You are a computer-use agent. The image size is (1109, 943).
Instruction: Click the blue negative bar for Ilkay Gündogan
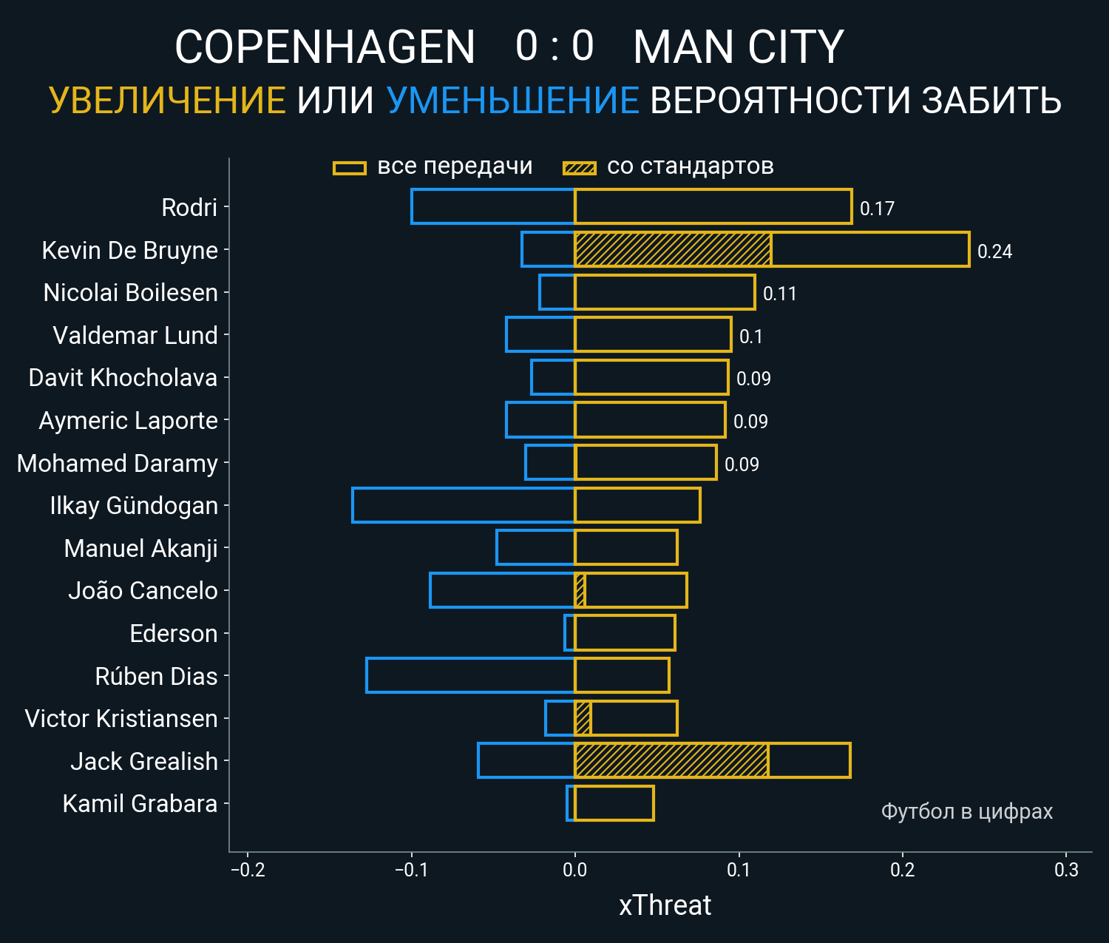[x=464, y=505]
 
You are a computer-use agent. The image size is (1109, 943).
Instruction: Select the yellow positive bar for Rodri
[x=713, y=206]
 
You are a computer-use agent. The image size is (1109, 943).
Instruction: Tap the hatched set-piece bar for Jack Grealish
[x=671, y=760]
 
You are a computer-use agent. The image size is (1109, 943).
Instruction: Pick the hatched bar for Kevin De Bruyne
[x=673, y=249]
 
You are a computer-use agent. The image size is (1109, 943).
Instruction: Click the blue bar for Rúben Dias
[x=470, y=675]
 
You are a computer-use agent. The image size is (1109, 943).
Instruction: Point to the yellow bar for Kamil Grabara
[x=614, y=803]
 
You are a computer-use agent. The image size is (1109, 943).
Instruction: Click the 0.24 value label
[x=994, y=252]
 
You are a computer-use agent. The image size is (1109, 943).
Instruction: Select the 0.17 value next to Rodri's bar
[x=877, y=209]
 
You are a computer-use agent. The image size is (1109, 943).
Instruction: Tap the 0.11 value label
[x=779, y=294]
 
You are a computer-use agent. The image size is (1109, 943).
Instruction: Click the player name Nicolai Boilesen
[x=130, y=293]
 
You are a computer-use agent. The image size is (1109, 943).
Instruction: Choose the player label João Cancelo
[x=143, y=591]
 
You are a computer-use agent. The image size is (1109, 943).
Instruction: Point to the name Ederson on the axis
[x=173, y=634]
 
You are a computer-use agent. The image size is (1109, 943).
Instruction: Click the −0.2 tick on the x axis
[x=248, y=870]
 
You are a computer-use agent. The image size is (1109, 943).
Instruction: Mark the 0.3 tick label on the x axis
[x=1066, y=870]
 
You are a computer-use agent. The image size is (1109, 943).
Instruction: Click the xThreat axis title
[x=665, y=905]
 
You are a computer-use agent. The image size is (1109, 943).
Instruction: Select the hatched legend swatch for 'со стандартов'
[x=579, y=168]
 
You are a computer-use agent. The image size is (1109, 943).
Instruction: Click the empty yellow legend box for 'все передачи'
[x=349, y=168]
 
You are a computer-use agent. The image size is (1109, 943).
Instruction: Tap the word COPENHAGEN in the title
[x=325, y=48]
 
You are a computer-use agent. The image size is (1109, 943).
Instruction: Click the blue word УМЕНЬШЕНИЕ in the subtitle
[x=512, y=101]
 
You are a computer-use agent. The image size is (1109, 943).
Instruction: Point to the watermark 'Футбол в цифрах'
[x=966, y=811]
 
